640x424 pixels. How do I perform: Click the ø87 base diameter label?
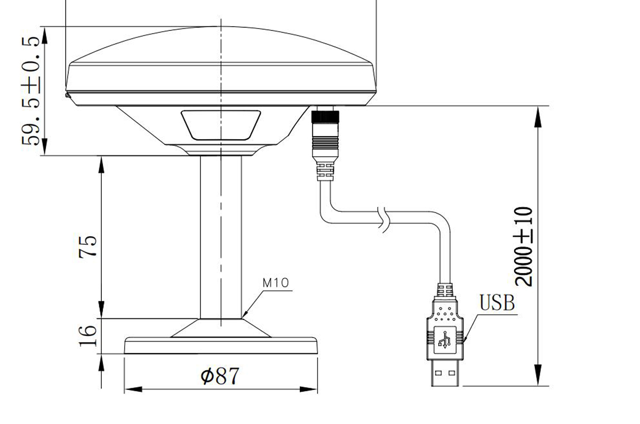click(220, 376)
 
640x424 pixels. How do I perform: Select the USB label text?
click(497, 303)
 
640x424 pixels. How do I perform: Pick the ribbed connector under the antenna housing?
click(325, 135)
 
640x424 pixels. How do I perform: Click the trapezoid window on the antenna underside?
click(221, 125)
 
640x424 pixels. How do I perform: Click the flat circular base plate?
click(221, 346)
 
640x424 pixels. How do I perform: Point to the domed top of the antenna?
click(221, 46)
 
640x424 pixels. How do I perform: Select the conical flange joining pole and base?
click(221, 328)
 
